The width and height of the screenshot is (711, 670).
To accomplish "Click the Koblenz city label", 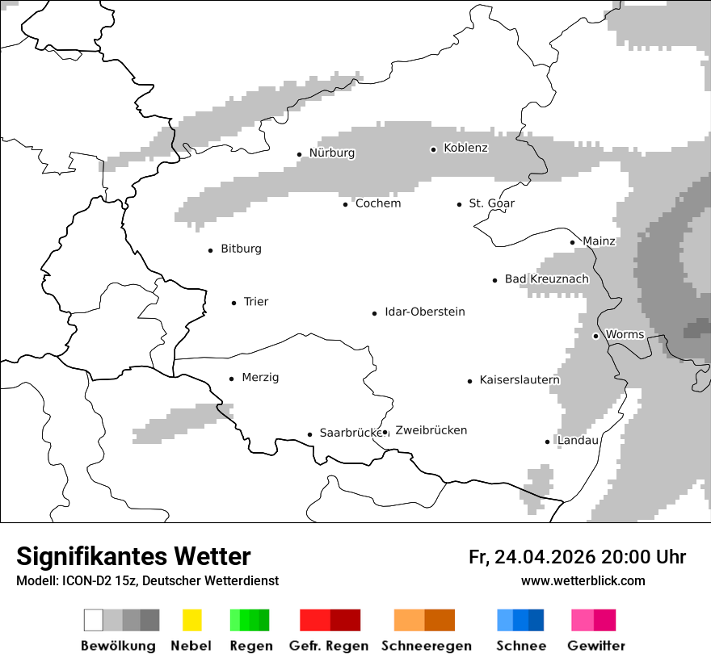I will click(x=465, y=148).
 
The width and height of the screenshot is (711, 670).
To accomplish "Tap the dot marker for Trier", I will click(x=234, y=303).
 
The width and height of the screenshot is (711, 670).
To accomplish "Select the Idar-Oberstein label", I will click(x=425, y=312).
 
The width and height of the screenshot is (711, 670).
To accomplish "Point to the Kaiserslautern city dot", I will click(x=470, y=381).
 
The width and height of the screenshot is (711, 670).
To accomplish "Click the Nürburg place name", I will click(x=332, y=153).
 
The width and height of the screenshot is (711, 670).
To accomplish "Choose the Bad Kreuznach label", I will click(x=546, y=278).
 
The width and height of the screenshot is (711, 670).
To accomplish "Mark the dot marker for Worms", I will click(x=596, y=336).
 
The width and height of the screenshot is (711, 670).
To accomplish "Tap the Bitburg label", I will click(x=241, y=249).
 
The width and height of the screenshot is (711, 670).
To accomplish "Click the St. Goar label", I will click(x=491, y=203).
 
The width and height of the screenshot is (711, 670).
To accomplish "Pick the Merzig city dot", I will click(x=232, y=379).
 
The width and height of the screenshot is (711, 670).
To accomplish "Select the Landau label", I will click(x=578, y=440).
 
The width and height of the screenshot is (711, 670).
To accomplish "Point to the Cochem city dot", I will click(x=346, y=204).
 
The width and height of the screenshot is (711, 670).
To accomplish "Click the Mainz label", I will click(x=599, y=241).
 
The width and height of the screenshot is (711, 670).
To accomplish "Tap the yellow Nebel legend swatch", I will click(x=191, y=620).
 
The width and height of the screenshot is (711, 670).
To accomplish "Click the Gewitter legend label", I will click(x=596, y=646).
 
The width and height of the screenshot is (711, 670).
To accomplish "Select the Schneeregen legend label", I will click(x=427, y=646).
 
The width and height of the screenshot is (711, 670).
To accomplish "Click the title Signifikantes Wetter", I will click(x=133, y=556).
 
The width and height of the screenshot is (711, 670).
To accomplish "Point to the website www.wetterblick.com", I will click(x=583, y=580).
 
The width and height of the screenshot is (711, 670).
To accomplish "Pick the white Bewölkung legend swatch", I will click(x=94, y=620).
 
